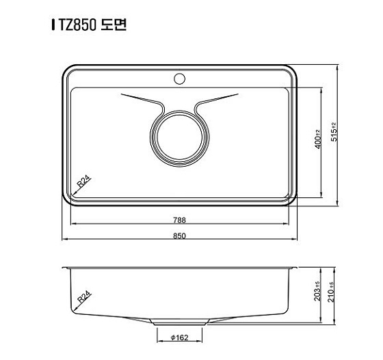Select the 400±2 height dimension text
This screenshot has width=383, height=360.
(318, 142)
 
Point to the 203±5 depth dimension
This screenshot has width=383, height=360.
(318, 292)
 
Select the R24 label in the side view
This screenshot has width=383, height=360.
(83, 297)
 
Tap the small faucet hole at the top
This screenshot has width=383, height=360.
(181, 79)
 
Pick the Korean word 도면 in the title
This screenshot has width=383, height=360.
(113, 25)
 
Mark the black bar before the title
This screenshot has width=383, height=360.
(53, 25)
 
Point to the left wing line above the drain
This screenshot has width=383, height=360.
(140, 99)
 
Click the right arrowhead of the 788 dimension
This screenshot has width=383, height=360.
(287, 224)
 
